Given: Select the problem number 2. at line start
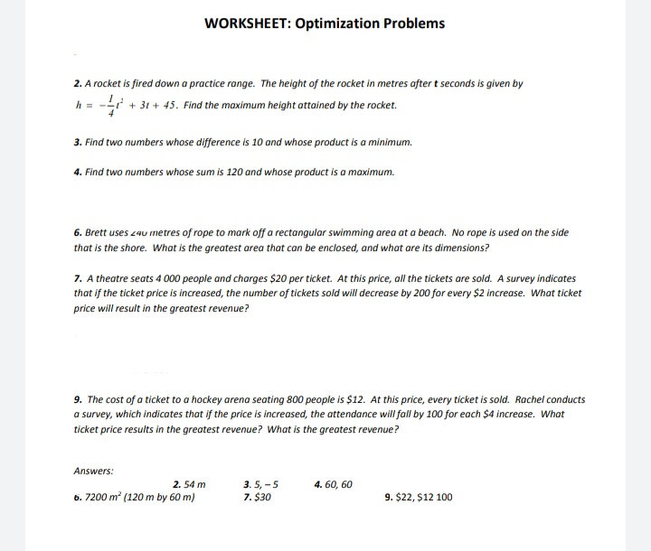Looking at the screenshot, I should click(x=78, y=84).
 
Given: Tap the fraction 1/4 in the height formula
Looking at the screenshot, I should click(x=110, y=106).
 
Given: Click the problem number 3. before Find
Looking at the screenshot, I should click(x=78, y=144).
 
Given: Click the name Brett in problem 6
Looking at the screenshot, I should click(x=97, y=232).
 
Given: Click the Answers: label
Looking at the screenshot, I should click(x=93, y=470).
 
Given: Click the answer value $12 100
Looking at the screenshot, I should click(x=435, y=497).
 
